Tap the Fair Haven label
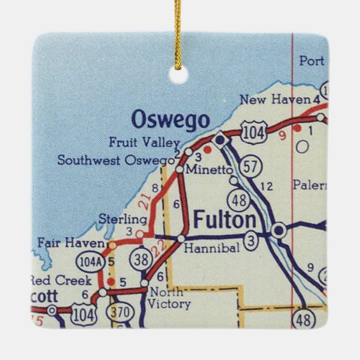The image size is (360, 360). click(70, 243)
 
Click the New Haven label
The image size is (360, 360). click(274, 100)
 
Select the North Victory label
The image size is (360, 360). click(169, 299)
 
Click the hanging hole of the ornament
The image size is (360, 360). click(178, 75)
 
